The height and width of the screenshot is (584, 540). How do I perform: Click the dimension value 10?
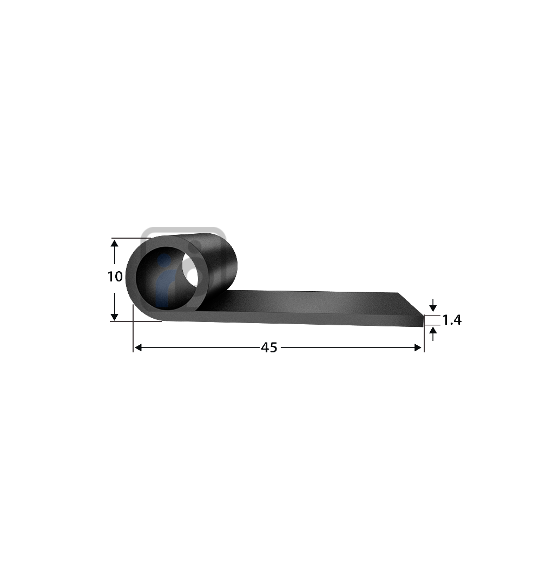(x=115, y=277)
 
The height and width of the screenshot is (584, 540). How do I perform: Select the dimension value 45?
(x=269, y=348)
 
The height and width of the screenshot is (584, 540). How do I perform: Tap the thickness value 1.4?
(x=452, y=320)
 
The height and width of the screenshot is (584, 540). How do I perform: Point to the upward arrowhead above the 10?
(x=114, y=243)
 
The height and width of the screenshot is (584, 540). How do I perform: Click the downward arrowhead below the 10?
(x=114, y=316)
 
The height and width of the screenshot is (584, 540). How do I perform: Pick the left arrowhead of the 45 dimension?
(x=138, y=347)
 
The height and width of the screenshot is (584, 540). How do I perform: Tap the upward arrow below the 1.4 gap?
(x=432, y=332)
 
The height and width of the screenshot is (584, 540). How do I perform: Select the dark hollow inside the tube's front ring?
(x=162, y=287)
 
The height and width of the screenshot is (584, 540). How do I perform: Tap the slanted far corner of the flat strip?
(x=410, y=303)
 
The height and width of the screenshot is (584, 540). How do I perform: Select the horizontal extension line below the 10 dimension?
(x=135, y=321)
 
